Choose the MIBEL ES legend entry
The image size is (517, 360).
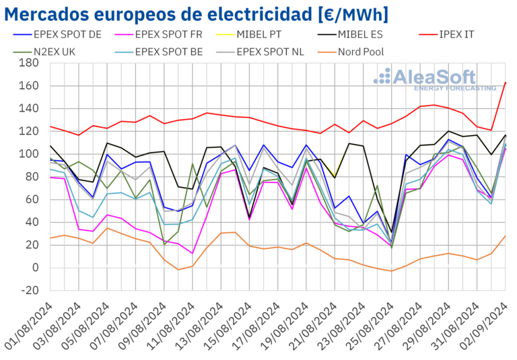point(370,32)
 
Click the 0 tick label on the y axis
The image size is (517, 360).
point(35,268)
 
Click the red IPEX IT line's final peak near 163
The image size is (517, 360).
point(505,83)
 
